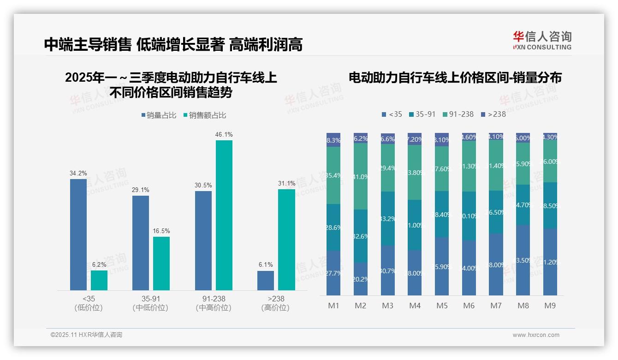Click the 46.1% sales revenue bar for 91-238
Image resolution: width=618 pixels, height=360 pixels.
pos(224,215)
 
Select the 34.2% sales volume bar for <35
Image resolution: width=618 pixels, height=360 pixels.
pos(78,234)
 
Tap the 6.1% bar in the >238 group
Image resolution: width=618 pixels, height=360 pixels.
pos(266,281)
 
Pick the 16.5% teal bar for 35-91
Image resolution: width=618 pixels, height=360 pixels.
pos(161,264)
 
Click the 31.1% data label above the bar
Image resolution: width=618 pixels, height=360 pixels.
pos(286,184)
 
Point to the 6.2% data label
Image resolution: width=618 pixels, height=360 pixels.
pos(99,265)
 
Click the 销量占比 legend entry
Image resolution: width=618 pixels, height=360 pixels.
pos(159,115)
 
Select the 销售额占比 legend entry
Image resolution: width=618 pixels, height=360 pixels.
pos(205,115)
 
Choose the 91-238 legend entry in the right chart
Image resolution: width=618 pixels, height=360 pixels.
pos(458,114)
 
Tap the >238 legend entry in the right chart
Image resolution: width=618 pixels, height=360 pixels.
pos(493,114)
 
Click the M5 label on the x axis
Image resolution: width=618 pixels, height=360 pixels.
pos(442,306)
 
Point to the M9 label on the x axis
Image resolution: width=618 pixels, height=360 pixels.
pos(550,306)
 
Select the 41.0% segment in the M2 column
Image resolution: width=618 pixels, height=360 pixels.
pos(361,176)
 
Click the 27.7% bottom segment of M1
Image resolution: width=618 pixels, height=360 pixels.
pos(333,273)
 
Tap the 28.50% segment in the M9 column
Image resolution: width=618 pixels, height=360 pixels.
pos(550,205)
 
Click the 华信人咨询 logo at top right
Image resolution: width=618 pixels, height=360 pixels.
pos(542,40)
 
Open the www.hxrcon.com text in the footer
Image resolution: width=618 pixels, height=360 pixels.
pos(536,335)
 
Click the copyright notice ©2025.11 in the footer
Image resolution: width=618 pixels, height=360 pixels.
pos(86,335)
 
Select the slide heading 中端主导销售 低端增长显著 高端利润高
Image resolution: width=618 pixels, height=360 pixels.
pos(173,44)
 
